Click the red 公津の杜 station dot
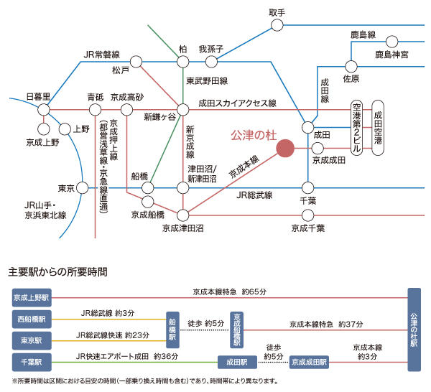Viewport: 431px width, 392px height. pos(286,147)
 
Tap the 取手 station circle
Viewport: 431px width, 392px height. pos(277,26)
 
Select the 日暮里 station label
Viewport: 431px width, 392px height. pos(37,97)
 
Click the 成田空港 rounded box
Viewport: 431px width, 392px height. pos(379,128)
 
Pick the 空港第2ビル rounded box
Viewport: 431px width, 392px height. pos(357,128)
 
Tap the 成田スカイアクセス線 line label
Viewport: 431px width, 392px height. pos(237,103)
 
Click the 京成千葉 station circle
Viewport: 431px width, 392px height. pos(308,215)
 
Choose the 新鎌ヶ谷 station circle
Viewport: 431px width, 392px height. pos(183,109)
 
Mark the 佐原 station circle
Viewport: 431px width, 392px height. pos(351,64)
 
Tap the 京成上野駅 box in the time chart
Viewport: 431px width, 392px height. pos(31,297)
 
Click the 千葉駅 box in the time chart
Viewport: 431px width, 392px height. pos(31,362)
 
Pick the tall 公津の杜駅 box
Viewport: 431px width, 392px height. pos(413,330)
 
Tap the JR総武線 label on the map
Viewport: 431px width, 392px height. pos(256,195)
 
